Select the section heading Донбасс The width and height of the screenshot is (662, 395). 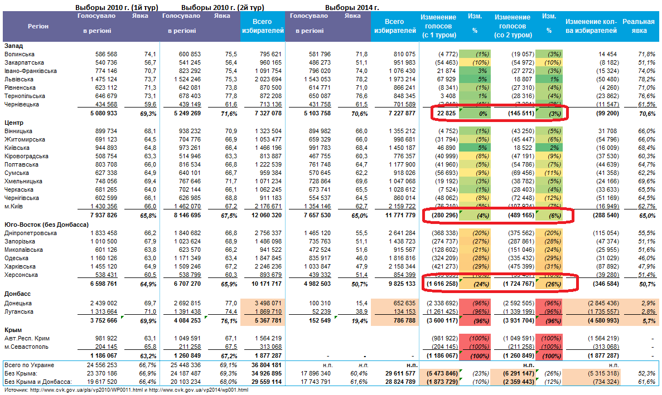click(17, 293)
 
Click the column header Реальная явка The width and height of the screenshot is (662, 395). click(638, 26)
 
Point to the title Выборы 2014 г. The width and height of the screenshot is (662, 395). click(351, 8)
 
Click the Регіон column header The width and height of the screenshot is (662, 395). click(38, 26)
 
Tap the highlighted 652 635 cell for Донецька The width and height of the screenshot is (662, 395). click(403, 303)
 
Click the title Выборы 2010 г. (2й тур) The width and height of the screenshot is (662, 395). click(223, 8)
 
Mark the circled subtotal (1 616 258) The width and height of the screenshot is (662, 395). click(443, 284)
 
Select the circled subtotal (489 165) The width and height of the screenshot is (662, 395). click(519, 216)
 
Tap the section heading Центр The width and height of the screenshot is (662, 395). click(13, 122)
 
